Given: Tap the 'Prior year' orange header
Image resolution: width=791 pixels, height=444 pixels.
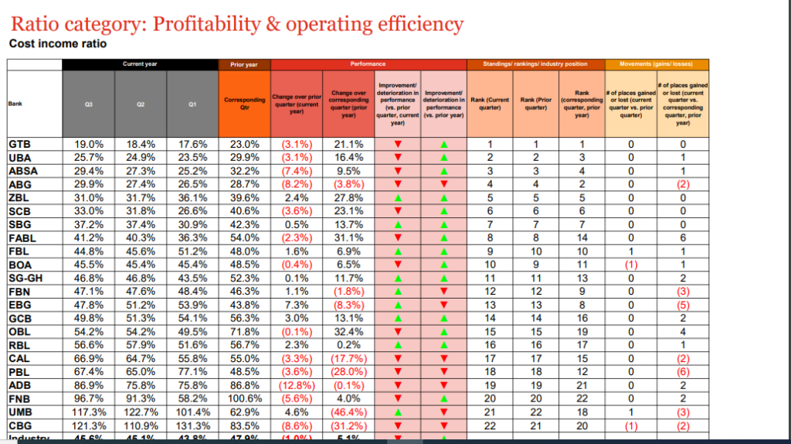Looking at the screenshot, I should [244, 64].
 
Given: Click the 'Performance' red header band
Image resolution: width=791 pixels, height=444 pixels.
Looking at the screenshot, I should [368, 64].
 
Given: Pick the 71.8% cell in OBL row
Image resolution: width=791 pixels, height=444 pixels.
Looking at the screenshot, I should [244, 332].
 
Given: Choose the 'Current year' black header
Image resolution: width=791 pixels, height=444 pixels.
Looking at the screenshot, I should [140, 64].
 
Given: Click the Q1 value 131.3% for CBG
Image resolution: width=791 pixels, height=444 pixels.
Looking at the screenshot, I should [193, 425].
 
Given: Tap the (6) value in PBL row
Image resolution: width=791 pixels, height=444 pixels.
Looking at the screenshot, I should [682, 372].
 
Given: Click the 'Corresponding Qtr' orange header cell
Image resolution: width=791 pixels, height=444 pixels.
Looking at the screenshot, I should [244, 103].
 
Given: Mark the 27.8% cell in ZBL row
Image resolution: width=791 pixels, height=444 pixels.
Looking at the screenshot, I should [347, 197].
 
